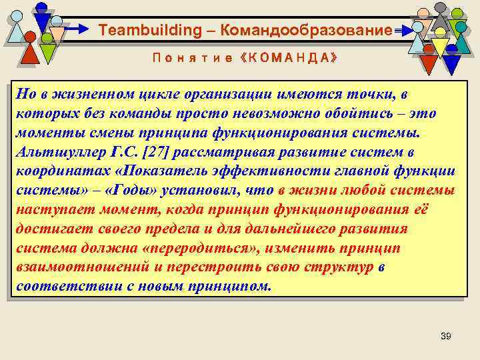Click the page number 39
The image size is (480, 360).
(446, 335)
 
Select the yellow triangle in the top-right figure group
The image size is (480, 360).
(440, 47)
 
